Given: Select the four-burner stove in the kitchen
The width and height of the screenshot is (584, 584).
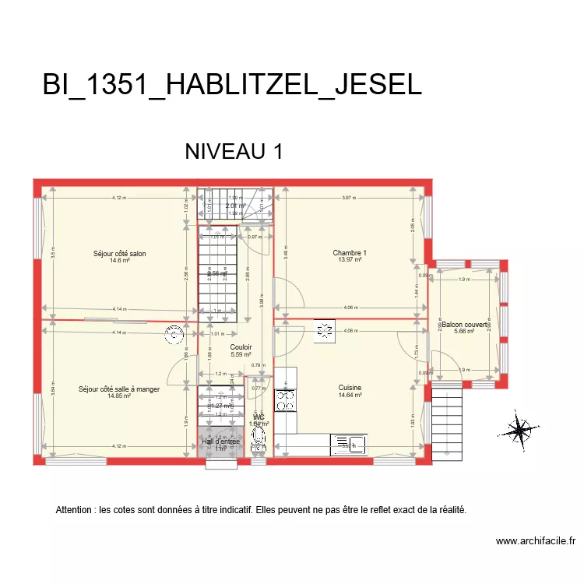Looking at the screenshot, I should click(287, 399).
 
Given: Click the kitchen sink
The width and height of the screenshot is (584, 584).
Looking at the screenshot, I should click(349, 445).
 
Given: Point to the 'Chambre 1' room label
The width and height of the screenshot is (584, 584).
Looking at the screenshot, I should click(349, 252).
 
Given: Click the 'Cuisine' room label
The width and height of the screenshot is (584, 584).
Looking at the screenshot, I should click(350, 387).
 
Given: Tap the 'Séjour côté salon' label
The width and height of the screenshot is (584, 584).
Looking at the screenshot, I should click(119, 253).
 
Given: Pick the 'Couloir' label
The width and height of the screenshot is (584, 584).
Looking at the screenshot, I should click(241, 347).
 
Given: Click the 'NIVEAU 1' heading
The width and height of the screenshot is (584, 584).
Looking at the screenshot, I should click(233, 151).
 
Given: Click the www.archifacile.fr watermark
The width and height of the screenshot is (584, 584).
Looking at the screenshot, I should click(535, 540).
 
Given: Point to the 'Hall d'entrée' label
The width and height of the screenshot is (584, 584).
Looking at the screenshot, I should click(221, 442).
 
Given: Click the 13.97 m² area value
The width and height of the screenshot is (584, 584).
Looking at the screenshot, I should click(349, 260).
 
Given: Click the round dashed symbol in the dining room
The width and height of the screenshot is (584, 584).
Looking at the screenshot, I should click(174, 334).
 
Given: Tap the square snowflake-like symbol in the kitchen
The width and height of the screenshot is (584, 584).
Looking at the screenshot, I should click(324, 331).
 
